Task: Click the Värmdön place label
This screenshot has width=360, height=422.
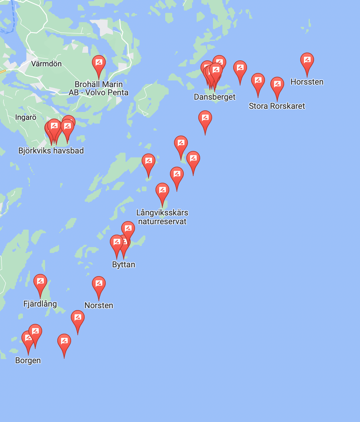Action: (46, 64)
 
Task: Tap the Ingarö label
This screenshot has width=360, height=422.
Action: (26, 117)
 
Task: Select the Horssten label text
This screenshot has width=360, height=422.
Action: (307, 82)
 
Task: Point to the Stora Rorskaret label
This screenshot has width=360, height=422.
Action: (277, 106)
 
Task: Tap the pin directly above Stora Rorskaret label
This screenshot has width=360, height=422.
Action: (277, 85)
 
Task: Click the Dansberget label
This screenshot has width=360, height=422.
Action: (215, 97)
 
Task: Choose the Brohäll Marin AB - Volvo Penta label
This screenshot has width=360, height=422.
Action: (98, 88)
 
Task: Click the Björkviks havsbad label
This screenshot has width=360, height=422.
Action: (51, 151)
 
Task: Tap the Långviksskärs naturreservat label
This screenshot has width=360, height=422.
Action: (162, 217)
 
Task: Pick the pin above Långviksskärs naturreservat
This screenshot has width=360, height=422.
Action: (162, 191)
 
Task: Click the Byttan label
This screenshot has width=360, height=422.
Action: (124, 264)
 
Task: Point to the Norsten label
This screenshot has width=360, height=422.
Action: (98, 305)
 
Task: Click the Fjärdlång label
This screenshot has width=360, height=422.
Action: (40, 304)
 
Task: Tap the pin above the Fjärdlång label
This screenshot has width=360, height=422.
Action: (40, 282)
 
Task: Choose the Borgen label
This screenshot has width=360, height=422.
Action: (28, 360)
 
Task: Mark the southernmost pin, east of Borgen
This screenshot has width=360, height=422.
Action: (64, 342)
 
